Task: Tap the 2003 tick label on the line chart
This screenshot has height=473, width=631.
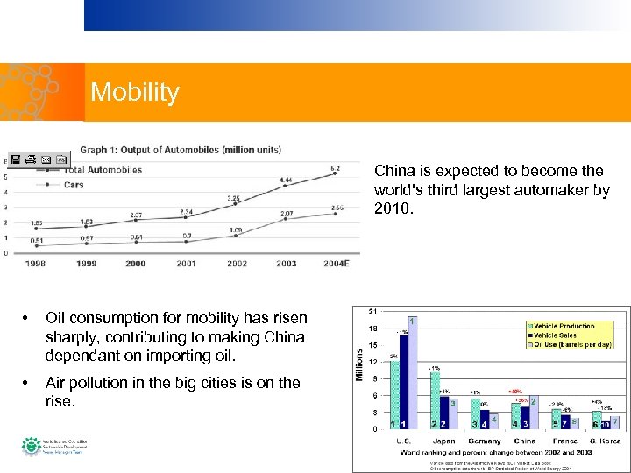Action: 286,263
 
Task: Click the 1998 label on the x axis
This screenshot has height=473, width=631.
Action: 36,263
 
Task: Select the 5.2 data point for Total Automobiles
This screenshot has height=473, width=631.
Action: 335,174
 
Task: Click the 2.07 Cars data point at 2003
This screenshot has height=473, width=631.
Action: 286,221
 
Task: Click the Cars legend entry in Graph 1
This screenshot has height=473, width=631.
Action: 74,185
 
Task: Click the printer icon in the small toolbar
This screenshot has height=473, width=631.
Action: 31,159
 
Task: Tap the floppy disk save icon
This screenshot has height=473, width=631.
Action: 17,159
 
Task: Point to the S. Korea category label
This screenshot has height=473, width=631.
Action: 605,441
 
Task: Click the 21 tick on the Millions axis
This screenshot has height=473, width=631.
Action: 373,311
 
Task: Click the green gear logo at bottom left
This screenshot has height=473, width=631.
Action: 31,447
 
